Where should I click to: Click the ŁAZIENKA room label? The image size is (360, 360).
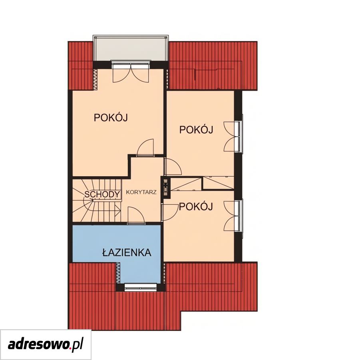tap(127, 253)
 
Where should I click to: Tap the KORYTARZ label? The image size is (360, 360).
tap(141, 192)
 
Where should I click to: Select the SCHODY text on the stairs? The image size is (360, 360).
tap(102, 194)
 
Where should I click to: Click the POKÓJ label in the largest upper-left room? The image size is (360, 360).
tap(111, 117)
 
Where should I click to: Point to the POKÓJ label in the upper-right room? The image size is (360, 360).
tap(196, 129)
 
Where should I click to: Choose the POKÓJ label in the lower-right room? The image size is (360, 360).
tap(196, 207)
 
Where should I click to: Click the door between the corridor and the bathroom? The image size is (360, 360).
tap(136, 215)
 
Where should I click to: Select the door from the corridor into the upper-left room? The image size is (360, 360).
tap(145, 147)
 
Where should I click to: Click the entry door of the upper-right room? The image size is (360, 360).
tap(173, 167)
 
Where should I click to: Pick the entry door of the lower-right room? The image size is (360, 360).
tap(170, 213)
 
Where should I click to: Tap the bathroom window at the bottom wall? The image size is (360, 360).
tap(141, 287)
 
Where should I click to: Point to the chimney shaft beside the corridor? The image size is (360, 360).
tap(166, 187)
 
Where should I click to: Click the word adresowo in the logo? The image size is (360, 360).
tap(39, 345)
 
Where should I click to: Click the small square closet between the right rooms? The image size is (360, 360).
tap(218, 183)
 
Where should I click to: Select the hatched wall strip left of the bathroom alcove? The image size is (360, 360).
tap(118, 273)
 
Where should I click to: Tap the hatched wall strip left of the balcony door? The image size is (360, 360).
tap(95, 80)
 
